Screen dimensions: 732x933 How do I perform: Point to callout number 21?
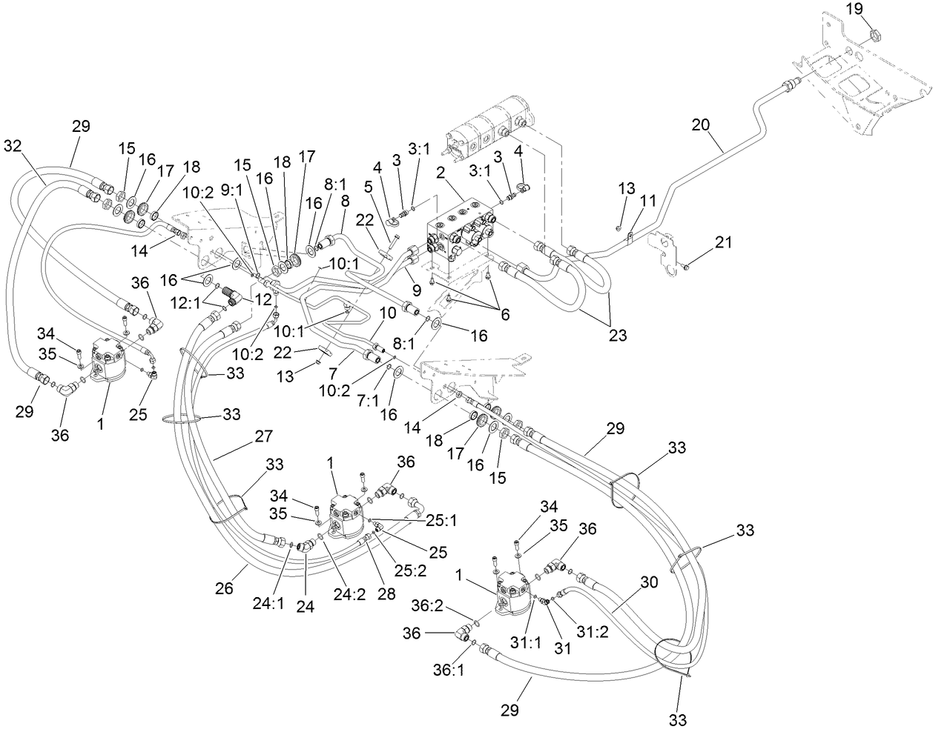pos(723,241)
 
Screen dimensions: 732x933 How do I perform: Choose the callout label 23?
pos(617,335)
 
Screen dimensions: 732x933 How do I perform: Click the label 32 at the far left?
pos(12,145)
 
